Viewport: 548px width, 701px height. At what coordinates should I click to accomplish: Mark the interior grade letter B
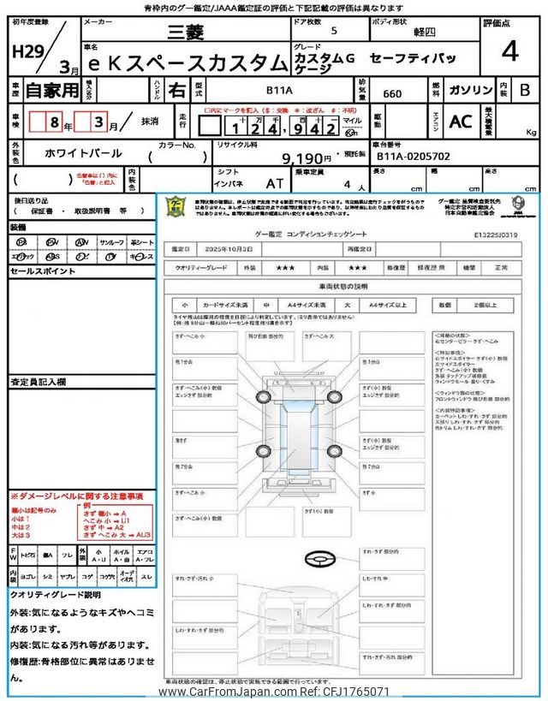tap(525, 89)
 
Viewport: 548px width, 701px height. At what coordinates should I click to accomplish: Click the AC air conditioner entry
tap(461, 122)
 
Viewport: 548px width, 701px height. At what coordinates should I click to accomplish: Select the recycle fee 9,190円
tap(306, 158)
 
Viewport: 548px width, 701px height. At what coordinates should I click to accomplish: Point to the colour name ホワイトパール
tap(83, 154)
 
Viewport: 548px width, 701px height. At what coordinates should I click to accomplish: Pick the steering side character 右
tap(176, 89)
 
